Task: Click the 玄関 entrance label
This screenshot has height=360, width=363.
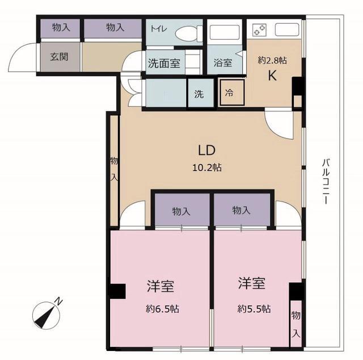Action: (x=59, y=57)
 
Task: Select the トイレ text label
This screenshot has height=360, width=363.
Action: (x=159, y=29)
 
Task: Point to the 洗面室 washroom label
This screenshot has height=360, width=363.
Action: (x=164, y=63)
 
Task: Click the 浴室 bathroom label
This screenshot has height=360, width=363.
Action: (x=223, y=62)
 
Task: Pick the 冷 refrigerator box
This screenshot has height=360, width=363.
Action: (x=232, y=93)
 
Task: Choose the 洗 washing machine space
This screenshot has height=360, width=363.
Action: (x=201, y=94)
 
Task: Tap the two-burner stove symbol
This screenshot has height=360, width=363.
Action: (x=260, y=30)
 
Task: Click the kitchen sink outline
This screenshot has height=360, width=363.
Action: (x=287, y=30)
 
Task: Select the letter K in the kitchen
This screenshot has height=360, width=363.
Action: (x=272, y=76)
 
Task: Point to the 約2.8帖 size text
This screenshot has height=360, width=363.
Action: (x=272, y=61)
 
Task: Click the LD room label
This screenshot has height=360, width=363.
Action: (x=206, y=150)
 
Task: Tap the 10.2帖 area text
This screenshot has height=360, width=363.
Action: (x=207, y=167)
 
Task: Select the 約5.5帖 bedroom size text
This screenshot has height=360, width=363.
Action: (x=254, y=308)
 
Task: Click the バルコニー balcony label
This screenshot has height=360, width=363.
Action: (x=326, y=181)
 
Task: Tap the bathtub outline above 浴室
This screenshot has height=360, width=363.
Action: (x=225, y=32)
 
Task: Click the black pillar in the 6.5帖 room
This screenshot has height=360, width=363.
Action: (x=117, y=291)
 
